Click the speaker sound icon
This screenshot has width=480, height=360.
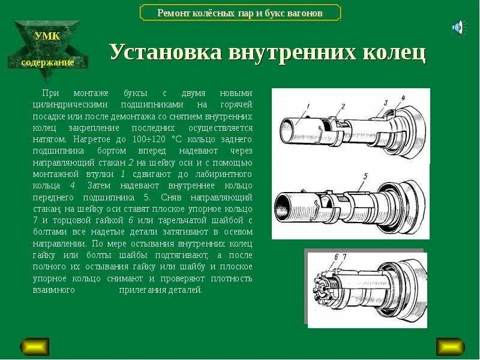458,27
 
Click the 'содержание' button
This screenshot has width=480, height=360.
47,62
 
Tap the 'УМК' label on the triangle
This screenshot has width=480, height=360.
47,36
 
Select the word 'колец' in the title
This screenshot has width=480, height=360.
394,53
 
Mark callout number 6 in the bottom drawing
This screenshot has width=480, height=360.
336,257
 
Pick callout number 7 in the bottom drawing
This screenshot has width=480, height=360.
344,257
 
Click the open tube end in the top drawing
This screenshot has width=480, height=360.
288,130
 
